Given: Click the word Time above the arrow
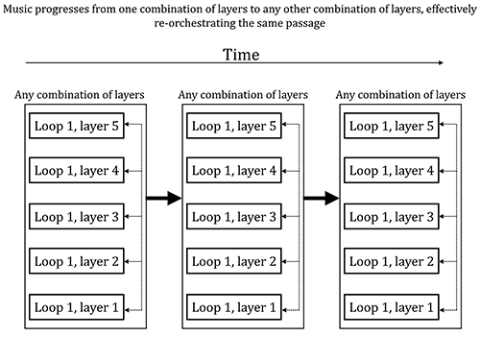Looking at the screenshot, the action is (241, 55).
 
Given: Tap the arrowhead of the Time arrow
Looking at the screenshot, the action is (442, 62).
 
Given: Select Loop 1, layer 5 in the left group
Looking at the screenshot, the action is (77, 126).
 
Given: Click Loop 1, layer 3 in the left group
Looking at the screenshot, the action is (77, 217).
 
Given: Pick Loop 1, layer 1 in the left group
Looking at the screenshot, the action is (77, 307).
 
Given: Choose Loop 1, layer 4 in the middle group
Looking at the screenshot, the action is (234, 170).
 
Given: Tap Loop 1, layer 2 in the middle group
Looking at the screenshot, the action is (234, 261).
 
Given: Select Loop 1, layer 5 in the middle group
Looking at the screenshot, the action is (234, 126).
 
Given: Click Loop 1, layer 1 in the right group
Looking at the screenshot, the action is (392, 307).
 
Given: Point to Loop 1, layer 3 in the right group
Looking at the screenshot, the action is (392, 217).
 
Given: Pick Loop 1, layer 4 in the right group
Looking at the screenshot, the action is (392, 170).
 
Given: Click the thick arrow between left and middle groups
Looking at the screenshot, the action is (164, 198).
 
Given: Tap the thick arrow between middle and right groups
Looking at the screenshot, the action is (322, 198).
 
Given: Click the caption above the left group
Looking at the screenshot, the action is (80, 95).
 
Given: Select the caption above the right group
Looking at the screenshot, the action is (400, 95).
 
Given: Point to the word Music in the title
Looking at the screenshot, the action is (17, 9).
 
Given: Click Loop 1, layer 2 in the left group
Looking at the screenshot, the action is (77, 261).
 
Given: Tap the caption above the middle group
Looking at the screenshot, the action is (243, 95).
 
